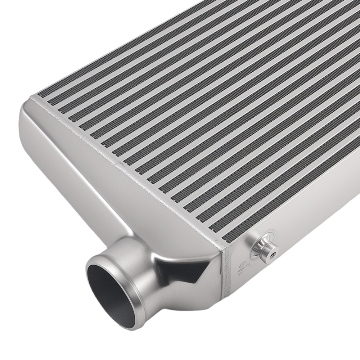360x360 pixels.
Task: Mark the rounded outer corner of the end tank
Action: [27, 115]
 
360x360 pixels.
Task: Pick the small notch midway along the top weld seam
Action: [117, 165]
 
